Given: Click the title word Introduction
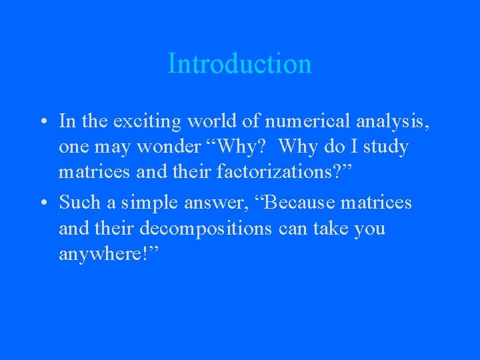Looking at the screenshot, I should (x=239, y=64).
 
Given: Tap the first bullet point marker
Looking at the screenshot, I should (x=42, y=122).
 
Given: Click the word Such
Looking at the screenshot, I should (x=79, y=202).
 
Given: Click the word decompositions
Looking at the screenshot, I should (x=206, y=229).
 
